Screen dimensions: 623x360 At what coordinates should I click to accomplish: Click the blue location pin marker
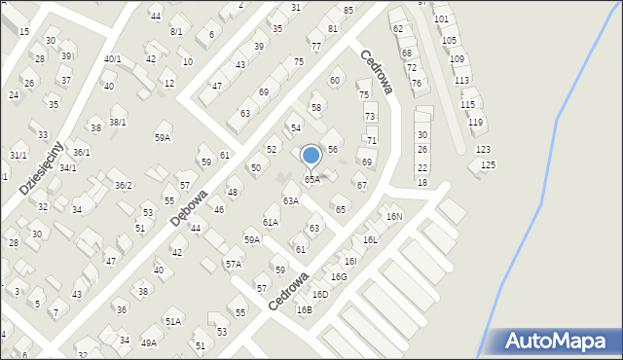tap(311, 156)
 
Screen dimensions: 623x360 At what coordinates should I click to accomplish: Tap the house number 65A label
tap(311, 179)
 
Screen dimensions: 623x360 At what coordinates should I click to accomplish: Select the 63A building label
tap(290, 200)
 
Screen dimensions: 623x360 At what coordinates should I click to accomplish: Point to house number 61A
tap(270, 222)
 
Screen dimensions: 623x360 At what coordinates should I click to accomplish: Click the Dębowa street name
tap(189, 207)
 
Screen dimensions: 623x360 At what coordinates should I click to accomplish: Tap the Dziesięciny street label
tap(41, 166)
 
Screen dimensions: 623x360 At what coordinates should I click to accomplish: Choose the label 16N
tap(394, 216)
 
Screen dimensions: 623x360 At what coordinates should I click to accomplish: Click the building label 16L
tap(370, 239)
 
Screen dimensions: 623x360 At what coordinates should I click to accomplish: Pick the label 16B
tap(305, 309)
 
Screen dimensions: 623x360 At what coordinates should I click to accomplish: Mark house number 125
tap(488, 165)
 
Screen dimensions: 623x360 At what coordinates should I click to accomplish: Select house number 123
tap(483, 150)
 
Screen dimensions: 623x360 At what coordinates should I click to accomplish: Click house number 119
tap(475, 122)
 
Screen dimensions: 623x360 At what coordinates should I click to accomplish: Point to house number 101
tap(441, 19)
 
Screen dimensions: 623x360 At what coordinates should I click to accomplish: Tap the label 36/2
tap(124, 185)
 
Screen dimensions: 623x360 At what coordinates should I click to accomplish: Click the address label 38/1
tap(118, 122)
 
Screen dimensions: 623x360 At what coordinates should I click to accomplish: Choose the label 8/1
tap(176, 32)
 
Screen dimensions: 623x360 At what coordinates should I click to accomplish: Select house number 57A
tap(234, 264)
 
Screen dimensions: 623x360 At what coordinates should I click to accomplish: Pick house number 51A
tap(172, 321)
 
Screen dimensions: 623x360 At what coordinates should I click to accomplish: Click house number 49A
tap(148, 342)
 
